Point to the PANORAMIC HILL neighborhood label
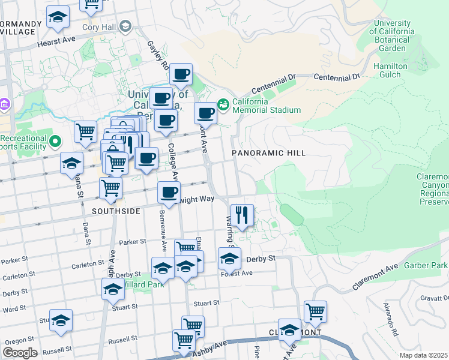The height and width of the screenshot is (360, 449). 270,153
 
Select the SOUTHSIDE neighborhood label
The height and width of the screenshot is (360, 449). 116,211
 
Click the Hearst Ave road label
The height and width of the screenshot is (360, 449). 56,42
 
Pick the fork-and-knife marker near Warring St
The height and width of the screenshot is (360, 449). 242,215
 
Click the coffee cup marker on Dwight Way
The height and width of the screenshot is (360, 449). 169,193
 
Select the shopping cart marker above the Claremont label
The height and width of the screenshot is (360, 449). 315,311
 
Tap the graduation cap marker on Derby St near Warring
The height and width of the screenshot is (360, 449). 229,259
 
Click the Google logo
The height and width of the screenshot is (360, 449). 20,352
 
